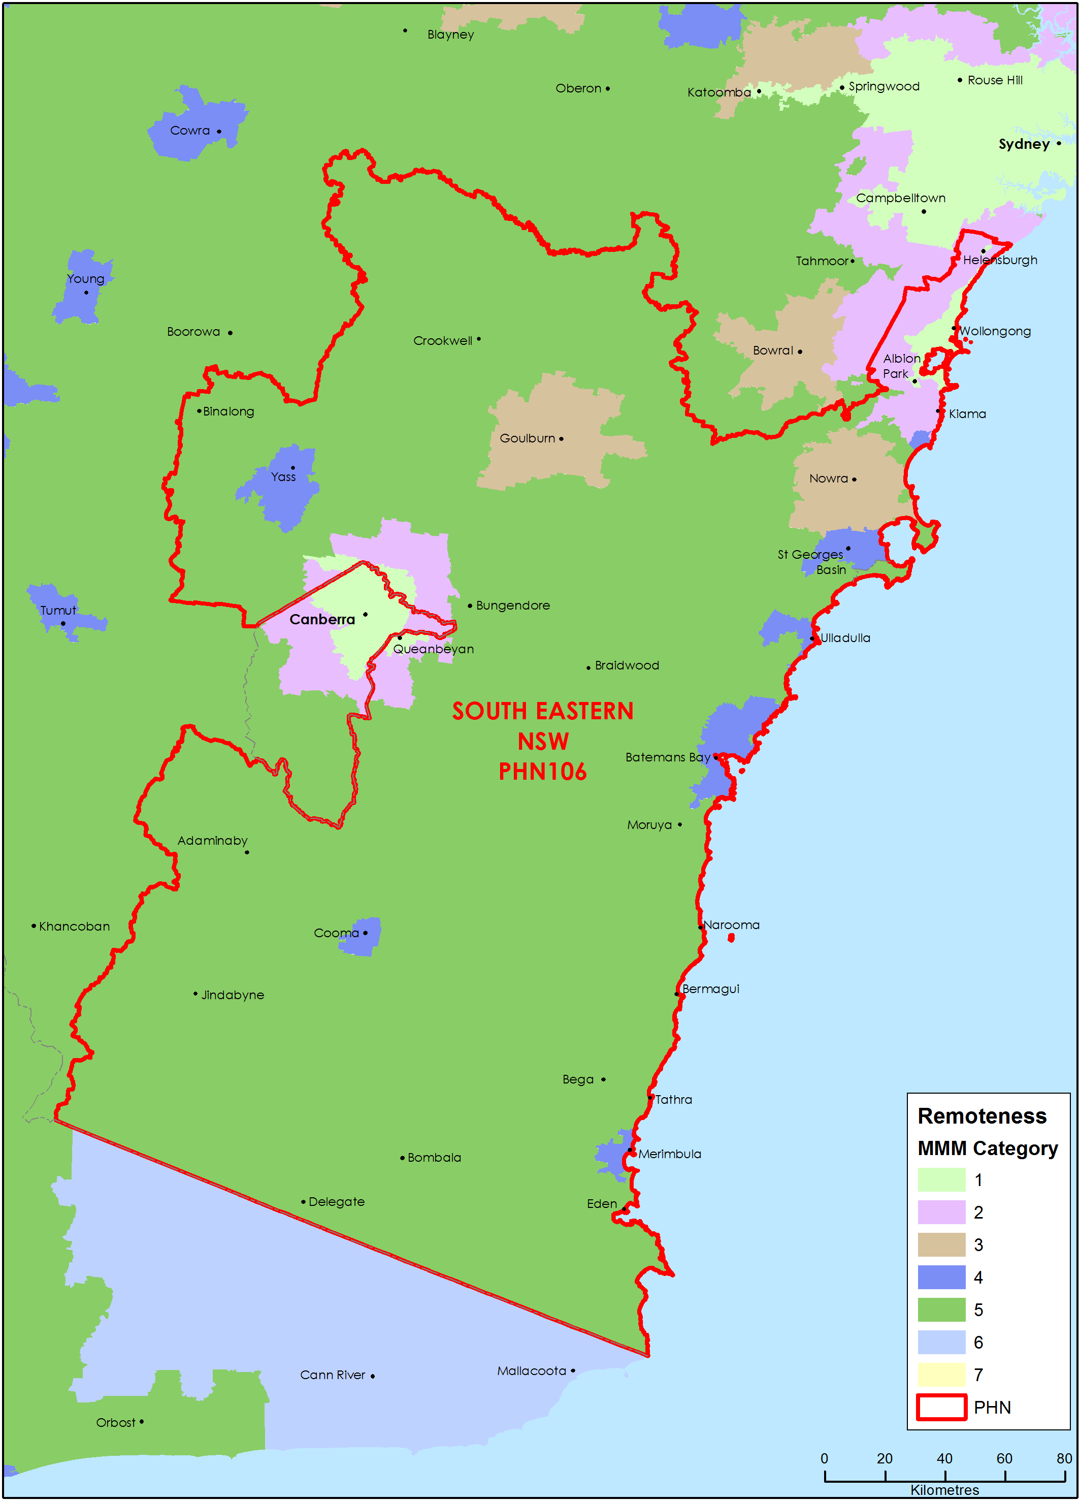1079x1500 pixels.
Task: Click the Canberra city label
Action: click(322, 620)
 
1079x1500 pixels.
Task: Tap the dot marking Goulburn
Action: click(561, 439)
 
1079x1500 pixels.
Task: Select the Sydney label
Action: click(1024, 144)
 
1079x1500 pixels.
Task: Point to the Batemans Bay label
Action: click(667, 757)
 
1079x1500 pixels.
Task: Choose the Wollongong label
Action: click(995, 331)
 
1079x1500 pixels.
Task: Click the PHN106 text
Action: click(542, 772)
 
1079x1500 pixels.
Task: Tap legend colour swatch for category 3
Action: click(941, 1244)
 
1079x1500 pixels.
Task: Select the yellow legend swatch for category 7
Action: click(941, 1375)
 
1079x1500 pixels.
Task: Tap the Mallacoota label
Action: click(532, 1371)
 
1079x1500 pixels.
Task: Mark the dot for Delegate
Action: click(304, 1202)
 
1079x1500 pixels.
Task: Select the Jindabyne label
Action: click(232, 996)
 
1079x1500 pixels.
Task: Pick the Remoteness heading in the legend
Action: click(982, 1116)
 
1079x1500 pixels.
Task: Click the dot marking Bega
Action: click(603, 1080)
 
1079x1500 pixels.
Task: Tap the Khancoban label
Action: click(74, 927)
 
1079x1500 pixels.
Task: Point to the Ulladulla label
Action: click(845, 638)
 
